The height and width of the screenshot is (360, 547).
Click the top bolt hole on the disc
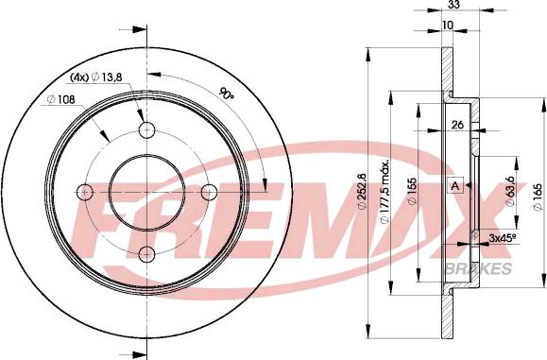pyautogui.click(x=145, y=130)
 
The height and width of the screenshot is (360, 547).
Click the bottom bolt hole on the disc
pyautogui.click(x=145, y=252)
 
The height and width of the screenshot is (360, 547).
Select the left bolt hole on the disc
pyautogui.click(x=84, y=192)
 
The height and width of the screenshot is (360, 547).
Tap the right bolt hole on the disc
pyautogui.click(x=207, y=192)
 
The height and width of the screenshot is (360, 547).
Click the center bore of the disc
pyautogui.click(x=145, y=192)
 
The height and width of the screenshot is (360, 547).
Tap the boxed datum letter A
pyautogui.click(x=455, y=185)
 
